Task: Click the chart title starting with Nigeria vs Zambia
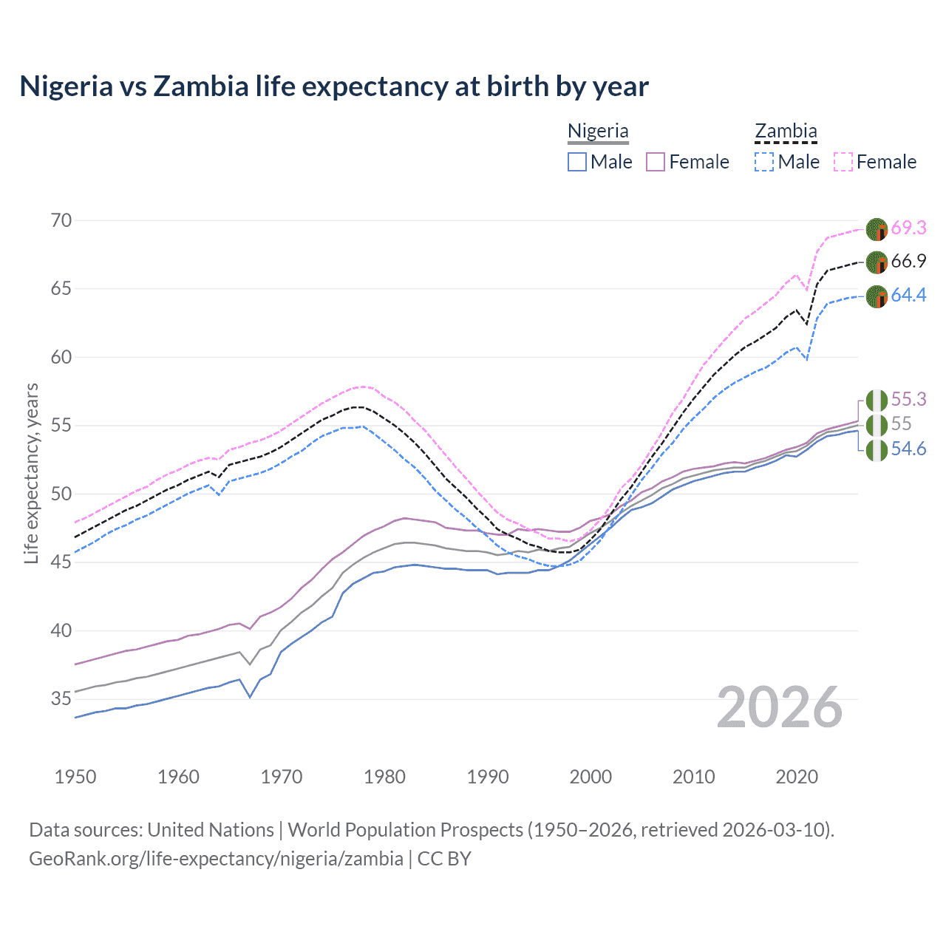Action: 334,86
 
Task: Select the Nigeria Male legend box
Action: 577,162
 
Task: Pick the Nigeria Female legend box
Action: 656,162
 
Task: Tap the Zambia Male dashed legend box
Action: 764,162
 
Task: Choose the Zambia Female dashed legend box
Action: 843,162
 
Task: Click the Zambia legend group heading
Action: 786,132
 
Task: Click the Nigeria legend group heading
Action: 598,132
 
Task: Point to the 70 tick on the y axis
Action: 61,220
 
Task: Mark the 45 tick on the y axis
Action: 61,562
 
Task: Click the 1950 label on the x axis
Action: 75,777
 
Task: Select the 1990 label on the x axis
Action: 488,777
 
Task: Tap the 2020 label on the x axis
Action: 797,777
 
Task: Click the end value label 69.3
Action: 908,228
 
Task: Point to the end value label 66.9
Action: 908,261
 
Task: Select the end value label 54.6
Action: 908,449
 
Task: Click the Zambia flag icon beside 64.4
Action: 877,296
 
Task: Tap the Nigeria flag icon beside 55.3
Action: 877,401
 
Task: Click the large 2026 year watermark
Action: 780,707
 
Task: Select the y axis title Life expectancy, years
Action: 32,473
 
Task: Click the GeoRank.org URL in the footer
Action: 216,859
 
